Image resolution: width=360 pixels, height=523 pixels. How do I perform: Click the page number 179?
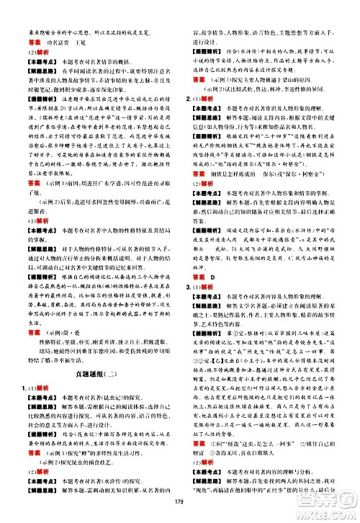point(179,512)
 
